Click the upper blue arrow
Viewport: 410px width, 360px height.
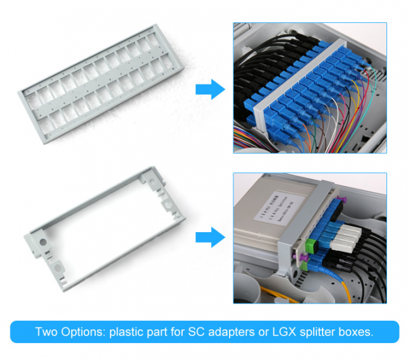click(x=210, y=90)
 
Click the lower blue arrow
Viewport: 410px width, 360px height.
click(x=210, y=236)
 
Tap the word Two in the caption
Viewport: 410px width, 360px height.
click(x=45, y=332)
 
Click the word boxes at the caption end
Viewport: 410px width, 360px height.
click(x=356, y=332)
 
